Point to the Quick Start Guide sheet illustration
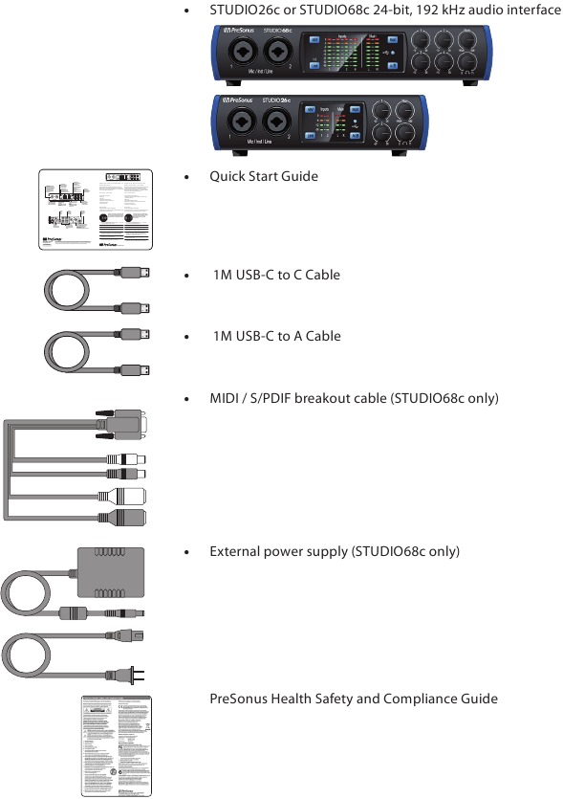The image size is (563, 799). coord(96,210)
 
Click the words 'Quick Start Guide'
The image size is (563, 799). coord(264,177)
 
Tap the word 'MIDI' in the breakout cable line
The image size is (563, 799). coord(226,398)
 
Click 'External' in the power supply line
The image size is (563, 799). coord(235,552)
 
